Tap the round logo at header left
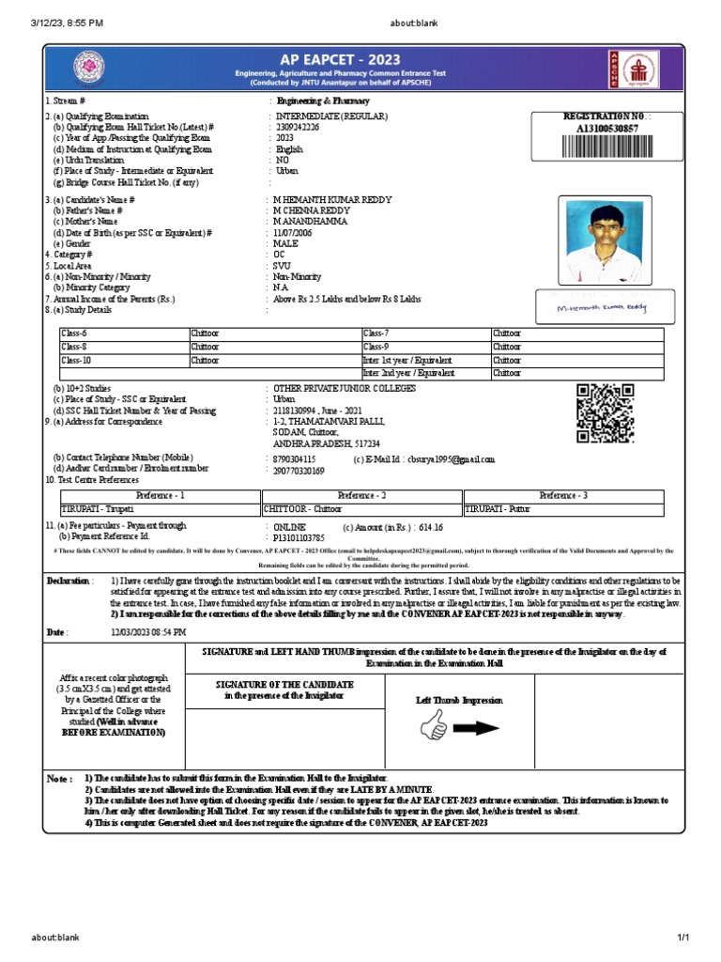click(90, 67)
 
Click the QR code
click(604, 413)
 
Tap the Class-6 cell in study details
click(124, 334)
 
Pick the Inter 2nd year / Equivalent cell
click(425, 373)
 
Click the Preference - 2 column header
click(361, 495)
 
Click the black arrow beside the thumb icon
click(478, 728)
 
